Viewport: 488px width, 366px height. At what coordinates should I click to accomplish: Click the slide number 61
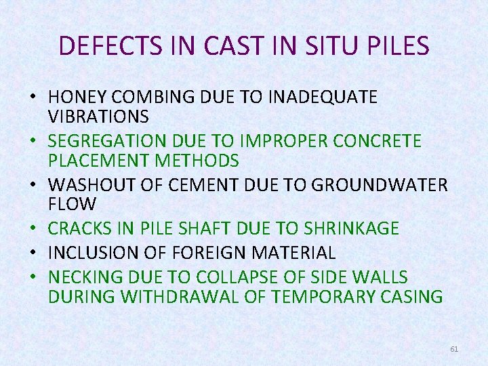coord(454,348)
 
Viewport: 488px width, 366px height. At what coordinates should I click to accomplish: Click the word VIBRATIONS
coord(98,117)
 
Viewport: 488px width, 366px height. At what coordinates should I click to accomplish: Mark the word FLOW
coord(73,203)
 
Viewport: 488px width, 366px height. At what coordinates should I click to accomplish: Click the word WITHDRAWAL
coord(181,297)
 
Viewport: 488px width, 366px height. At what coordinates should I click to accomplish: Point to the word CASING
coord(409,297)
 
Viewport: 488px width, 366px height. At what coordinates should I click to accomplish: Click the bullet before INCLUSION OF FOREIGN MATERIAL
coord(33,253)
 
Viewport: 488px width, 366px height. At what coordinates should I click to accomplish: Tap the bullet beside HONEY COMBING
coord(33,98)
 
